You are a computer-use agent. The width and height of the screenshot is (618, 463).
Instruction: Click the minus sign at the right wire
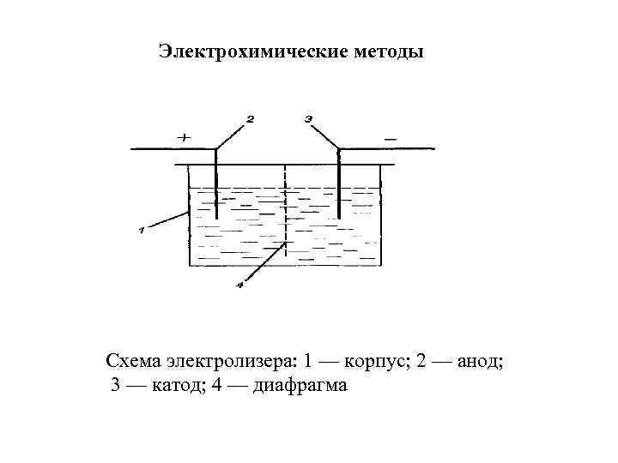click(391, 136)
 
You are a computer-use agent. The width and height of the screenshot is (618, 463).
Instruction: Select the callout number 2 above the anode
click(250, 119)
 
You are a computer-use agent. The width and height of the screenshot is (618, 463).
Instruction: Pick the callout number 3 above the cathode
click(307, 117)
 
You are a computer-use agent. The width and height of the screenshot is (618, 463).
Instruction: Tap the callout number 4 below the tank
click(241, 285)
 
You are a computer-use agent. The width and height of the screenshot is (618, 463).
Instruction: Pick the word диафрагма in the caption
click(300, 387)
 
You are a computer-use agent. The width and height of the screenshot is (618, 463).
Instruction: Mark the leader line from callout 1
click(167, 220)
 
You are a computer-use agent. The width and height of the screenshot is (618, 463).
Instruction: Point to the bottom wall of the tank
click(284, 268)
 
